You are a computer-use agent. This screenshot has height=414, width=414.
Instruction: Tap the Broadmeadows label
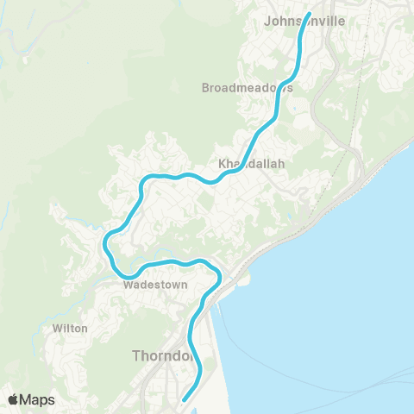click(247, 88)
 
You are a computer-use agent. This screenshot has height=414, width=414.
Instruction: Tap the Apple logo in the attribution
click(15, 399)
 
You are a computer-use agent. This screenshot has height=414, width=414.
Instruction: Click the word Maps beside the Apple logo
click(38, 399)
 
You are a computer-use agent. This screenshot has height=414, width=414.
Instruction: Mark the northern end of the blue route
click(309, 14)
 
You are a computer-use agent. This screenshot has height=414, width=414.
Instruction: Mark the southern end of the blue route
click(184, 399)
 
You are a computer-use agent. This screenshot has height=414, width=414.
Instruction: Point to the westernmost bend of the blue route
click(105, 243)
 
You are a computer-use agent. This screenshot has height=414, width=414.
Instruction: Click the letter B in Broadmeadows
click(205, 88)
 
